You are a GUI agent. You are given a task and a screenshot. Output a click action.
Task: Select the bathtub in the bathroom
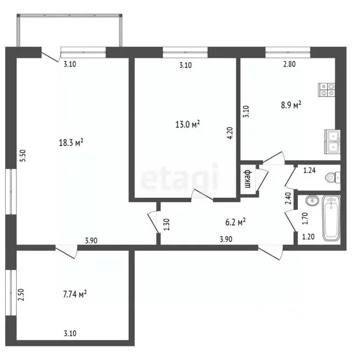[331, 218]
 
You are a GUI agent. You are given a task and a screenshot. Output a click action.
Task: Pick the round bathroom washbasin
[311, 201]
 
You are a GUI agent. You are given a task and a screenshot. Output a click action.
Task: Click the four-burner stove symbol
[326, 89]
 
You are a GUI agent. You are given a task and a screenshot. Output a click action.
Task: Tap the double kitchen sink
[333, 141]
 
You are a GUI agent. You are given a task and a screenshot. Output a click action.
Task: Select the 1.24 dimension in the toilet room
[309, 171]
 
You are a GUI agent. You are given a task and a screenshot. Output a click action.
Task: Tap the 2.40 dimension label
[289, 200]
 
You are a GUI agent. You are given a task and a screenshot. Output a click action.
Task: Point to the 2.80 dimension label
[289, 65]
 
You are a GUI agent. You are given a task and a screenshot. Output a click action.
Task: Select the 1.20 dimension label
[308, 237]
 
